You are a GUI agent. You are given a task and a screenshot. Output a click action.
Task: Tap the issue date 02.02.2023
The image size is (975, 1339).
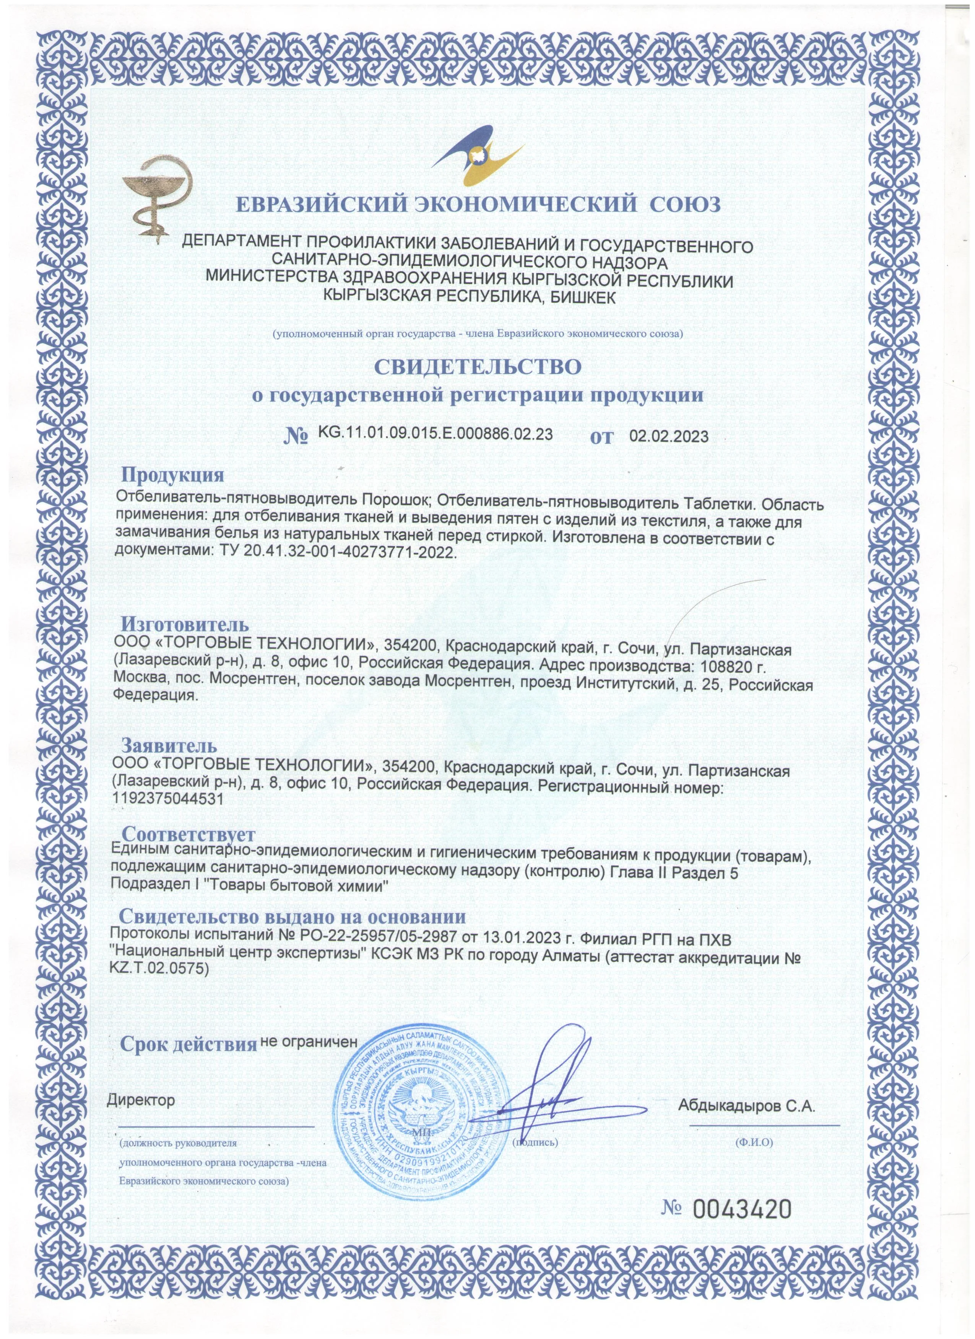point(669,437)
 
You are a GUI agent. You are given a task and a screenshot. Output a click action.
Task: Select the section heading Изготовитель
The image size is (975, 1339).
point(185,624)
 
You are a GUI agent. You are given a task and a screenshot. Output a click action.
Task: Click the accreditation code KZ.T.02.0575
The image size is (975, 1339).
point(160,968)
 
